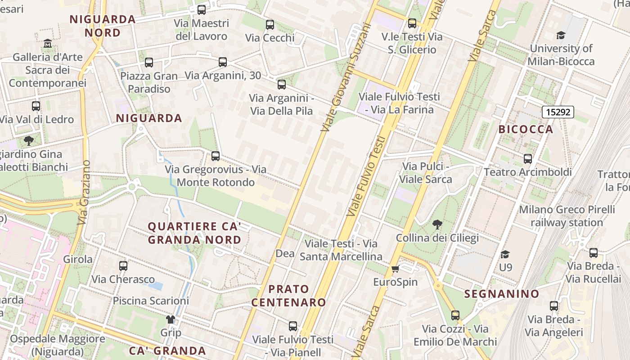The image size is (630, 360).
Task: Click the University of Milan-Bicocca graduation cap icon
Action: (x=561, y=35)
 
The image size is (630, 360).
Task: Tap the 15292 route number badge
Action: (x=558, y=112)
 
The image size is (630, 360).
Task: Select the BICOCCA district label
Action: (x=526, y=130)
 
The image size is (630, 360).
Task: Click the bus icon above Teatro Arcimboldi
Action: (x=528, y=158)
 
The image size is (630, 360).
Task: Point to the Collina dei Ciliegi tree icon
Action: (x=437, y=224)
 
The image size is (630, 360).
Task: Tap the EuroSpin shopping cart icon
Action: (x=395, y=269)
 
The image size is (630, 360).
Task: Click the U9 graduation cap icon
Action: (x=505, y=254)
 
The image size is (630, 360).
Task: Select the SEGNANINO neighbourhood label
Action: (x=501, y=294)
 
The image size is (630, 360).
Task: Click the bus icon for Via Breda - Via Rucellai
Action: (x=594, y=252)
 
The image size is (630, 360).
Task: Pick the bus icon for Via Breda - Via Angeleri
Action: (x=554, y=306)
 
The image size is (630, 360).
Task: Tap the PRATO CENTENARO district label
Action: (x=288, y=296)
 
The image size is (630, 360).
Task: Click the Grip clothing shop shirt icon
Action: (x=171, y=319)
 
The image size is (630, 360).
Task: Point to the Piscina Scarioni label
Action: (x=151, y=301)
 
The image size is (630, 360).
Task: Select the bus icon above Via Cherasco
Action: (x=123, y=265)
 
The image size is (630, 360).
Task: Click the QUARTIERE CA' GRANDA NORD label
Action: (x=194, y=233)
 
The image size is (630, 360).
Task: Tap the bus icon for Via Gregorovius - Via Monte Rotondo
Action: (x=216, y=156)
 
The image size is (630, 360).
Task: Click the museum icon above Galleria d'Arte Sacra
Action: (x=48, y=44)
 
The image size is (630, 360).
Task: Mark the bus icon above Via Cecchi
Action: (x=270, y=25)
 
